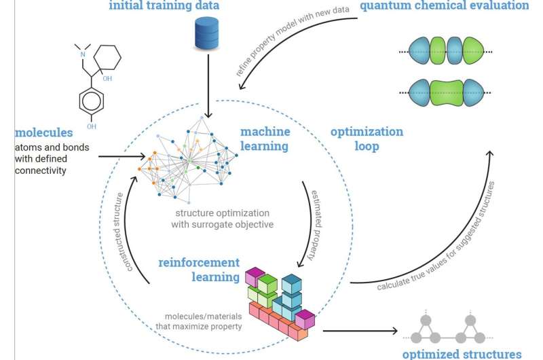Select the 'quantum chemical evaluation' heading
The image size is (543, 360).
pos(453,6)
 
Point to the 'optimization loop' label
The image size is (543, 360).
pos(367,139)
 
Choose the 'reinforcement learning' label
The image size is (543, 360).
pos(200,269)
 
